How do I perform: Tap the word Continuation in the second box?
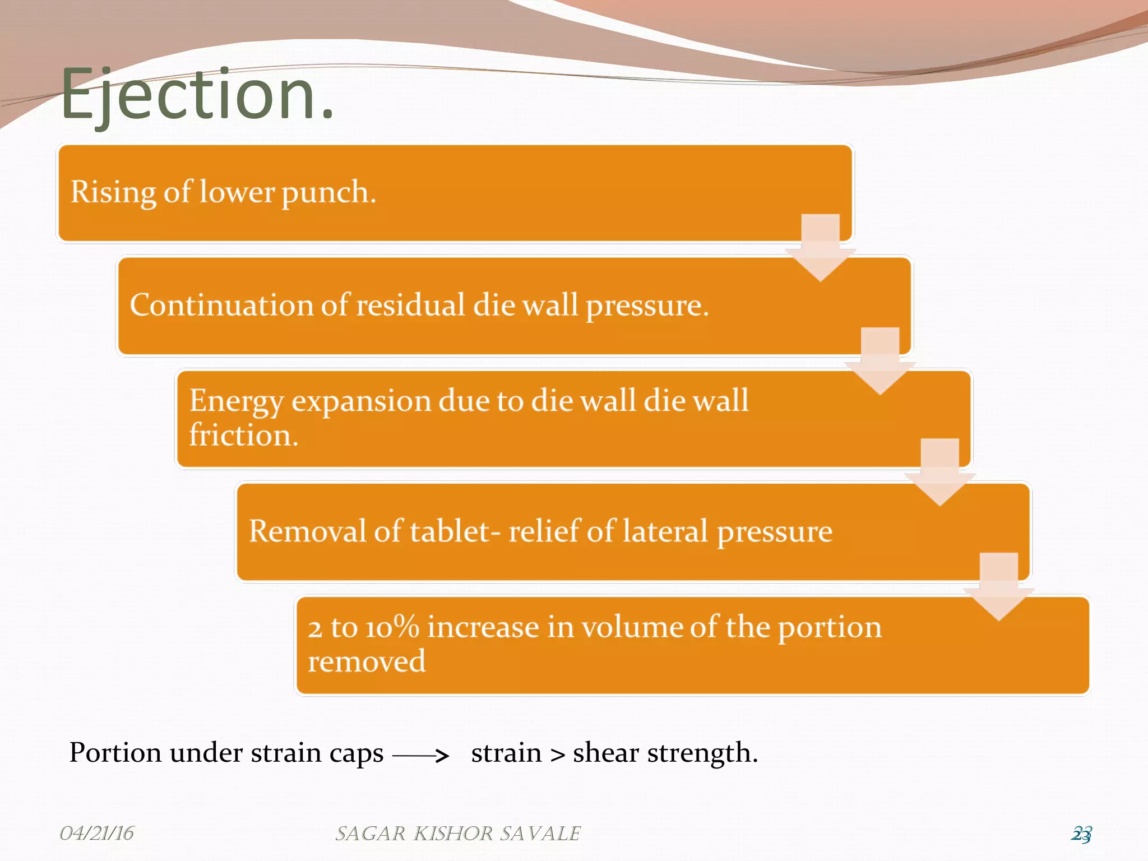221,305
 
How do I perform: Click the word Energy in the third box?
236,401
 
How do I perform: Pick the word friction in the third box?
243,436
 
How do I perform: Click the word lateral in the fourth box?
665,531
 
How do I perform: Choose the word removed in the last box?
367,661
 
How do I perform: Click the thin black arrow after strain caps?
420,756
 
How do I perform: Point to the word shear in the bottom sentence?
605,753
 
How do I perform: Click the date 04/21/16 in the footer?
96,833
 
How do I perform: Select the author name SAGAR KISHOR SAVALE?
457,834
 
